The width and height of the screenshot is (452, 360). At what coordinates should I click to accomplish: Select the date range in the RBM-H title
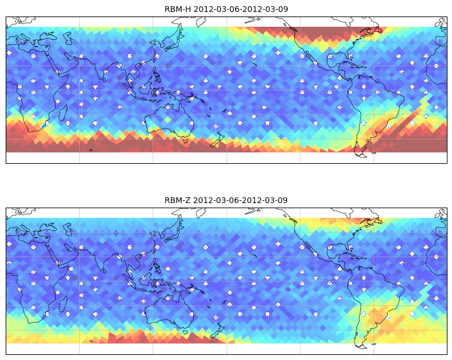pos(241,9)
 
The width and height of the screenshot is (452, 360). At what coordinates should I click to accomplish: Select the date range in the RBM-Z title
pos(240,200)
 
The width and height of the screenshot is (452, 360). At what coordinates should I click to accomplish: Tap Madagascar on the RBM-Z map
pos(63,304)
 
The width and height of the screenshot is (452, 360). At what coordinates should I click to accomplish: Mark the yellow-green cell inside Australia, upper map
pos(167,119)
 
